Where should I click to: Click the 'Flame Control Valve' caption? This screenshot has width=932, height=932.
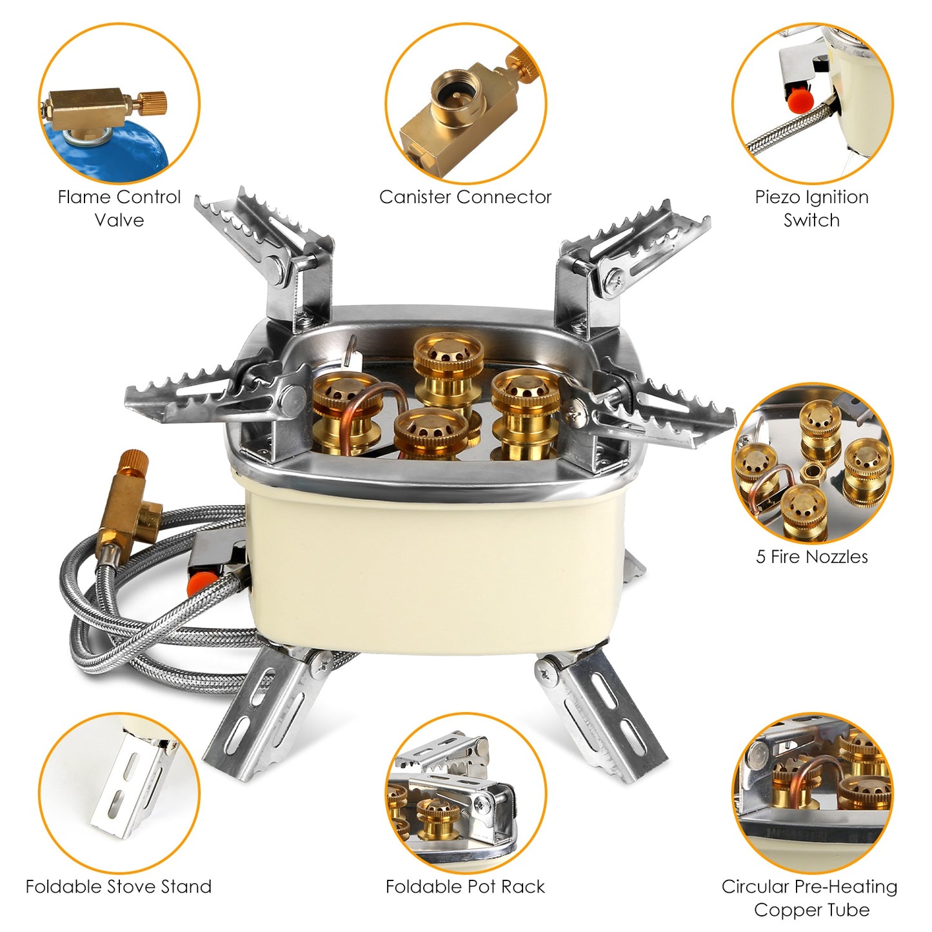click(x=119, y=208)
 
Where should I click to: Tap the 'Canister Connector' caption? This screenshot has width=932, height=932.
click(x=465, y=197)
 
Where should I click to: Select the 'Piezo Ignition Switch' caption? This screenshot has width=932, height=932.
click(x=811, y=208)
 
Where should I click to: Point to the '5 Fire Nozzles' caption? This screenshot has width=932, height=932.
click(x=811, y=557)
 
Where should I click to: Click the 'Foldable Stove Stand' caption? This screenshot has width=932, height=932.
click(x=119, y=886)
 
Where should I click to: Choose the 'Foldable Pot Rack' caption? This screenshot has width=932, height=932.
click(x=465, y=886)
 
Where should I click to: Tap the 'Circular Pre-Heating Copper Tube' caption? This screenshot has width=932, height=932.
click(x=809, y=898)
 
